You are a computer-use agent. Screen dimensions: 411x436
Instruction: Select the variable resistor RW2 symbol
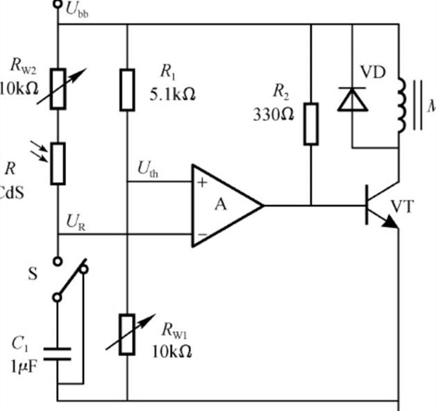(x=58, y=89)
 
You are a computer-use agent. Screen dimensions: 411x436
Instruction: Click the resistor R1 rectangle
(x=127, y=89)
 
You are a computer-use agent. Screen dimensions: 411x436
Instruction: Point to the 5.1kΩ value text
(x=171, y=95)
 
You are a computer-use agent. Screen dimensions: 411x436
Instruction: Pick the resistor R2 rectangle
(x=311, y=124)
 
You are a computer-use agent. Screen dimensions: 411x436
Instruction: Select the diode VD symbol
(x=353, y=99)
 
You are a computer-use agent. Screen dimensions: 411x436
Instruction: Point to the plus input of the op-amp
(x=202, y=183)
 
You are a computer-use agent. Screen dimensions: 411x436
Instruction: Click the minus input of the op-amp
(x=201, y=235)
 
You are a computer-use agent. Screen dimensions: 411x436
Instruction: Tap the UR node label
(x=76, y=222)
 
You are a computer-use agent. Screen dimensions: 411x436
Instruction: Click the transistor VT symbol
(x=378, y=205)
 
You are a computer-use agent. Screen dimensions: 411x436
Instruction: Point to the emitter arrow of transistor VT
(x=391, y=221)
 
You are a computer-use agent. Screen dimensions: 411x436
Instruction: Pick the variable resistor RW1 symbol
(x=127, y=333)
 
